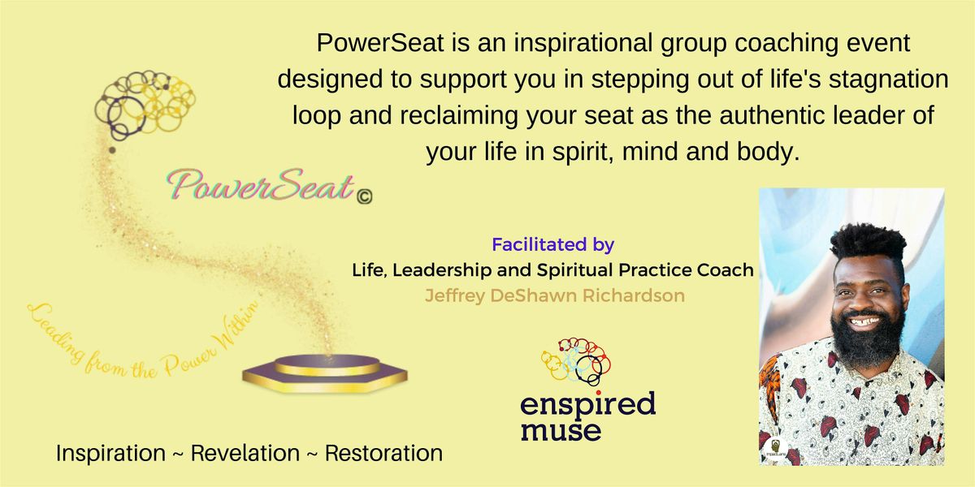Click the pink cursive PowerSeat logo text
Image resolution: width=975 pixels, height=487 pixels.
pos(259,186)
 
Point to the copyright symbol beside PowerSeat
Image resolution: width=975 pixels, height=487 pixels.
pos(365,195)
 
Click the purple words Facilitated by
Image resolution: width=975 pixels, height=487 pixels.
pos(552,243)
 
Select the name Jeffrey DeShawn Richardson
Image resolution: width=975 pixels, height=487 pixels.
pos(555,295)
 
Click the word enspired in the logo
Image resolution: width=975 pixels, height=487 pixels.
pos(588,403)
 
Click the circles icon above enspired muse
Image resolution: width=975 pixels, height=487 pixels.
pos(575,361)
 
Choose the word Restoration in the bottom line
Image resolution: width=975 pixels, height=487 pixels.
pos(383,453)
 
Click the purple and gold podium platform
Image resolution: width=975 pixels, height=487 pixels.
pos(324,371)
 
